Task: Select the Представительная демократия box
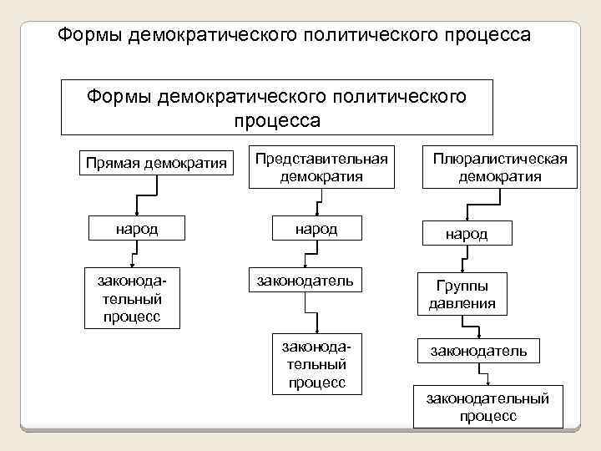(x=321, y=168)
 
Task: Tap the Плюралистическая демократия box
(x=499, y=168)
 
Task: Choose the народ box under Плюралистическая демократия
(x=467, y=235)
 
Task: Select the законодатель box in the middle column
(x=316, y=281)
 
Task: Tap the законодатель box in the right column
(x=478, y=351)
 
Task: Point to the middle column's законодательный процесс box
(x=317, y=364)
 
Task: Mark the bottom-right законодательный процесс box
(x=488, y=407)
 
